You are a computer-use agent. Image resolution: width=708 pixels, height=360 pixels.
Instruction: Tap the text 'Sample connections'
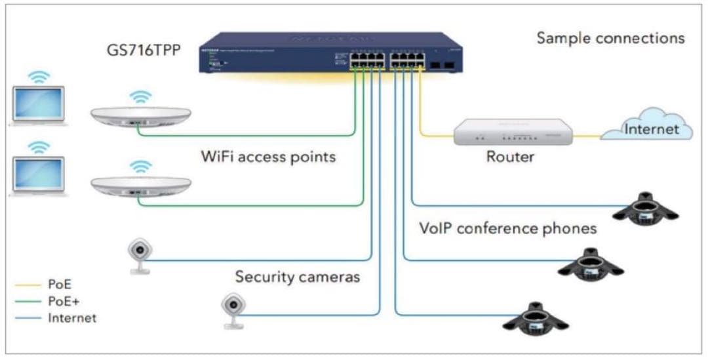pos(610,38)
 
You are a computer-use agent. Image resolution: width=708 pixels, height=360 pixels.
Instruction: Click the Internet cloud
pos(648,129)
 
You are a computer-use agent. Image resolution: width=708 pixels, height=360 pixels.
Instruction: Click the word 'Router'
pos(510,157)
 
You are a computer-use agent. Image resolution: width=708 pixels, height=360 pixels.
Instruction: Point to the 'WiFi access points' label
pos(268,157)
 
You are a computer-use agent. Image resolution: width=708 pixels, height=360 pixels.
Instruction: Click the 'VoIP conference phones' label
pos(508,228)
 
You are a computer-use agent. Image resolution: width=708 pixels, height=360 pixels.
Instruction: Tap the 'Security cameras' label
pos(298,277)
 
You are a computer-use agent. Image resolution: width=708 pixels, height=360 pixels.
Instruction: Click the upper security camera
pos(139,256)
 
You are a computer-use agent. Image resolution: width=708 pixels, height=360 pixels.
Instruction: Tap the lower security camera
pos(232,310)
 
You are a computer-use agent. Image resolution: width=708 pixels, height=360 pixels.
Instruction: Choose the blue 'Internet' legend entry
pos(71,319)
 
